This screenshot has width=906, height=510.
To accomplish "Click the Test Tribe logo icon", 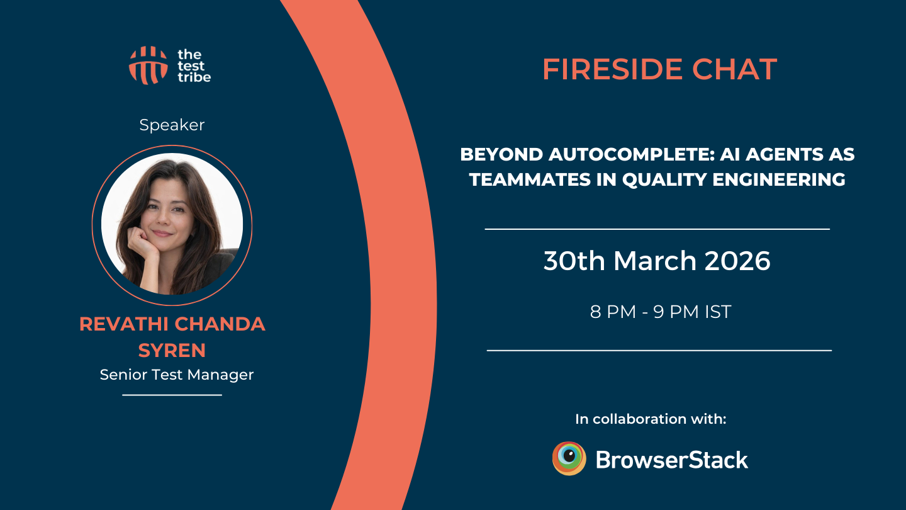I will tap(148, 65).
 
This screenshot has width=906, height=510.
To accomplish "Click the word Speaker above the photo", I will tap(172, 125).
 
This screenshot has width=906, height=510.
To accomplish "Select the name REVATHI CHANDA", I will tap(172, 324).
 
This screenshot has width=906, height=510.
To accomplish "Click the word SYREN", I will tap(172, 350).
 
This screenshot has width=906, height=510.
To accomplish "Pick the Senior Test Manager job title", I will tap(177, 375).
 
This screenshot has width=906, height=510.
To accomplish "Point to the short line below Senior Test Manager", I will tap(172, 395).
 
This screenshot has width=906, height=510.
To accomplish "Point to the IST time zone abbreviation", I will tap(717, 312).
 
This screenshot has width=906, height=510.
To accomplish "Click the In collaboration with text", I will tap(651, 419).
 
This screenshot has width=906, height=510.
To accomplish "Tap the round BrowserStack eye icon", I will tap(569, 458).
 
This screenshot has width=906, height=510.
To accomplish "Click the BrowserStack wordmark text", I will tap(671, 460).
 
